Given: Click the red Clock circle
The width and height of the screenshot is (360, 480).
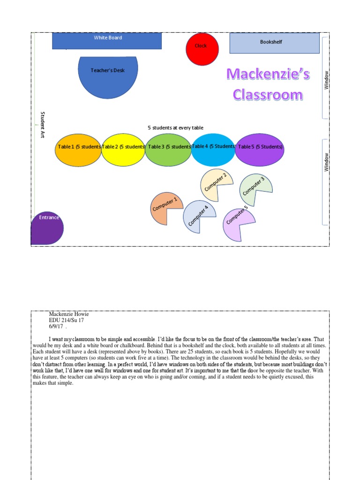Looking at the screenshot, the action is (x=202, y=49).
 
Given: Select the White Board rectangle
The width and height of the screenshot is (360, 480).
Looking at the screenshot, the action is (x=107, y=41).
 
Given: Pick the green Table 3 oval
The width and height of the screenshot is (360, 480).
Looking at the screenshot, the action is (x=168, y=150).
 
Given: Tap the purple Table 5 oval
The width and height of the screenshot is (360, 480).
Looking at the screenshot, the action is (x=260, y=150).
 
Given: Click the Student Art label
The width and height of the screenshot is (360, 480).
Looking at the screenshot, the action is (x=42, y=125).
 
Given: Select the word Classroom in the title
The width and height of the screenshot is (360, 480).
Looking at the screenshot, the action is (x=268, y=95).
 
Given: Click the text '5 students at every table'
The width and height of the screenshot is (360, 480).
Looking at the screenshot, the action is (x=175, y=127).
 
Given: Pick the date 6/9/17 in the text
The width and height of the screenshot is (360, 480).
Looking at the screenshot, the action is (x=56, y=326).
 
